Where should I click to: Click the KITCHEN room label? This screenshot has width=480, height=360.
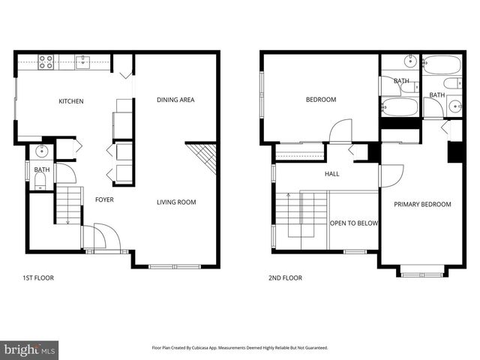[71, 101]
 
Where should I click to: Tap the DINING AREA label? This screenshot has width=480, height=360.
[175, 100]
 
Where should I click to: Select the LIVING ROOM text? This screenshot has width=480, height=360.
[176, 202]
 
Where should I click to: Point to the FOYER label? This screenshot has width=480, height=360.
[103, 200]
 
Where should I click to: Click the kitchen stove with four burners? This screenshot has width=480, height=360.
[46, 62]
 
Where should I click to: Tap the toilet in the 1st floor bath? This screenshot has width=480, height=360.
[40, 181]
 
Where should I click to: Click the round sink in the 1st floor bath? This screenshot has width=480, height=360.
[41, 151]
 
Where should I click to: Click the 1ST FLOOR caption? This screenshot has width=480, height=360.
[37, 277]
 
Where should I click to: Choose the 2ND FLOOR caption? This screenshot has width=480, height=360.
[285, 277]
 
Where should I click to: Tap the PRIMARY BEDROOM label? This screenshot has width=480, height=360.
[423, 204]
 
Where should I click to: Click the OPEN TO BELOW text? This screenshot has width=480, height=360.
[354, 223]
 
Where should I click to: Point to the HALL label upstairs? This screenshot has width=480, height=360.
[331, 174]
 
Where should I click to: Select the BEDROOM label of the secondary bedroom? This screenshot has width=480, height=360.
[320, 100]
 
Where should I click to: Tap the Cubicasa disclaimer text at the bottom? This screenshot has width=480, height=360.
[240, 348]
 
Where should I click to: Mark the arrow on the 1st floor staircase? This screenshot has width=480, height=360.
[67, 219]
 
